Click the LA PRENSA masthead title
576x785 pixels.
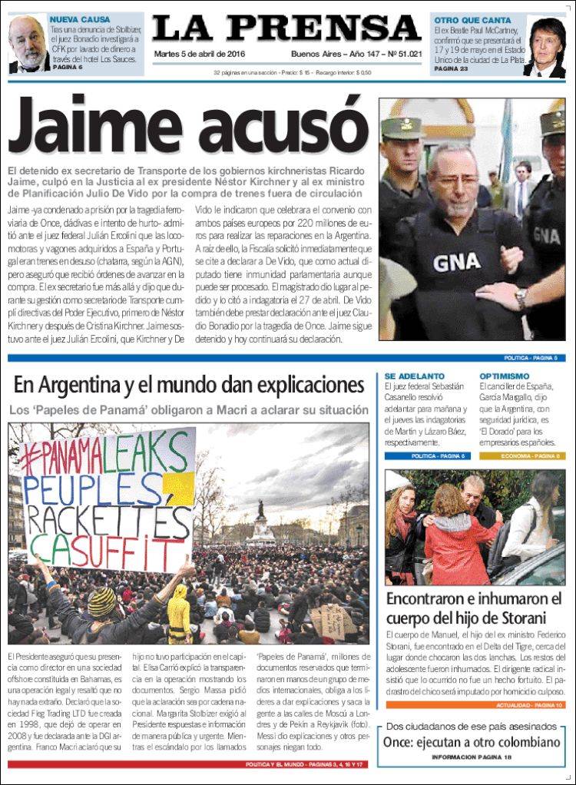click(x=286, y=29)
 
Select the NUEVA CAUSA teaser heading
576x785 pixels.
click(x=79, y=19)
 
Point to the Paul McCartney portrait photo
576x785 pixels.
click(x=546, y=48)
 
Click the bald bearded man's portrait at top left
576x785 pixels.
click(x=28, y=45)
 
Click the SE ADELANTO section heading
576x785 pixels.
click(x=415, y=376)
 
